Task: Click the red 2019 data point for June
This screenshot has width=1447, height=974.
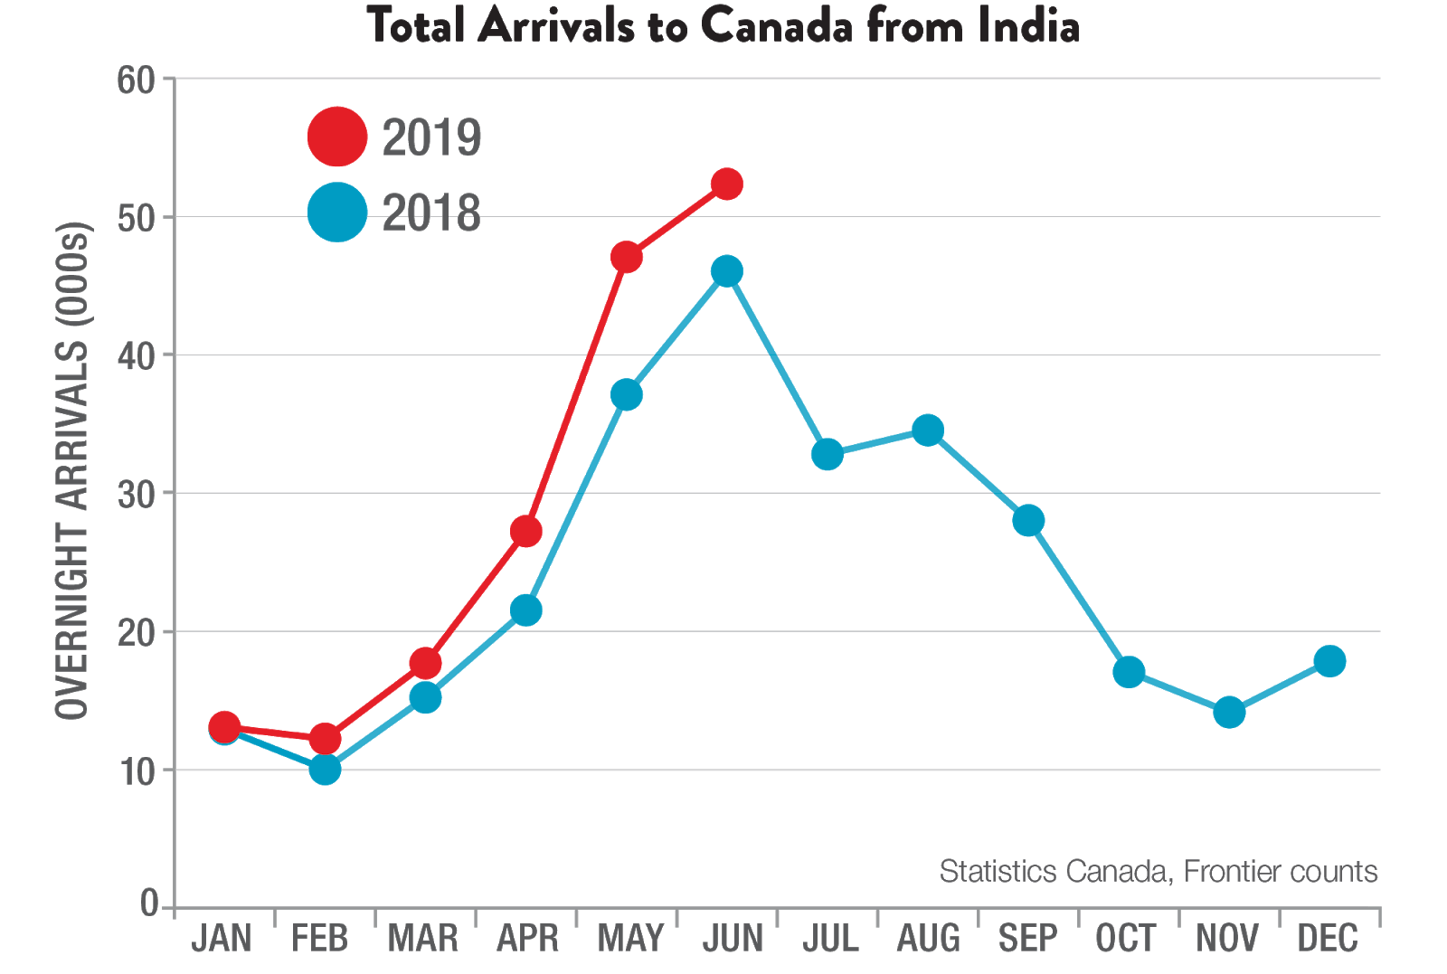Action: point(727,184)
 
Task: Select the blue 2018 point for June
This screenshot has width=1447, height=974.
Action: point(727,270)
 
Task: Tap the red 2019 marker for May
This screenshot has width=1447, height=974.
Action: point(627,257)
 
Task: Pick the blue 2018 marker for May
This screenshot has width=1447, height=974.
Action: point(627,394)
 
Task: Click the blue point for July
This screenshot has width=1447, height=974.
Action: point(827,454)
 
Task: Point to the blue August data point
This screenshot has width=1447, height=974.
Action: point(928,430)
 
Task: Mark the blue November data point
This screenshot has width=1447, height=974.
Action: point(1229,712)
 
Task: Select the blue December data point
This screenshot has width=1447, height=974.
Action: point(1329,661)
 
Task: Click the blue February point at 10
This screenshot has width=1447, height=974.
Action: point(325,769)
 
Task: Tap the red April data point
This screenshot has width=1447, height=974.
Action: point(526,531)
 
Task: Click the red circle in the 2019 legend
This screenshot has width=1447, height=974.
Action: point(337,137)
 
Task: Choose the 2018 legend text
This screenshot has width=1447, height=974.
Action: point(431,213)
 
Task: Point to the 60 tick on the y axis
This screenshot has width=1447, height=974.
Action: point(137,80)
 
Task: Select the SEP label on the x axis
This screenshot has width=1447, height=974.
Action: point(1027,939)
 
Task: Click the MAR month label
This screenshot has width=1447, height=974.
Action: point(423,939)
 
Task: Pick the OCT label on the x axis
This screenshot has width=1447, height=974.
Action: point(1126,939)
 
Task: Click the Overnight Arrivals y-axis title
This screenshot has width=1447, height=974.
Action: point(72,470)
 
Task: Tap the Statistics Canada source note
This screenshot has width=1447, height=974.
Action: point(1159,871)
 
